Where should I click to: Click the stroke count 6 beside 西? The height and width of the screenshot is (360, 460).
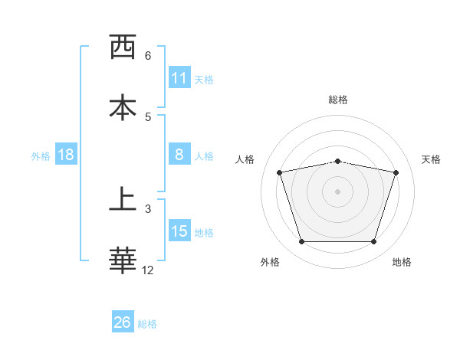coord(148,56)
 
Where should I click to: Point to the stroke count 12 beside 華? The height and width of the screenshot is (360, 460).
coord(148,270)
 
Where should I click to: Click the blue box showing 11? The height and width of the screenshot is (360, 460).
coord(179,77)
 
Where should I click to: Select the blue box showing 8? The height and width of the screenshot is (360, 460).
coord(179,155)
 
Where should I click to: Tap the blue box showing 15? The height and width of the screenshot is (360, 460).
coord(179,231)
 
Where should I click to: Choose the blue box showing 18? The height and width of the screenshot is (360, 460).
coord(66,155)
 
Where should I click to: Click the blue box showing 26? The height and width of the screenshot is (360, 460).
coord(123,322)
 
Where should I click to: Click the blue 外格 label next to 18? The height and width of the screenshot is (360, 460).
coord(41,156)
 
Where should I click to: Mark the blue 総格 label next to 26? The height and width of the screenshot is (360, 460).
coord(147,324)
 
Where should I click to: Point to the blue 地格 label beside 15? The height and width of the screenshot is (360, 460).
coord(204,233)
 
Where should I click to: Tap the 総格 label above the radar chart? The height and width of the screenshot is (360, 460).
coord(338,100)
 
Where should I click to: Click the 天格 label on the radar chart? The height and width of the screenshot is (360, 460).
coord(432,159)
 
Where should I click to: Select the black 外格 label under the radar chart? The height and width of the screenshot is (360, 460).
coord(270,262)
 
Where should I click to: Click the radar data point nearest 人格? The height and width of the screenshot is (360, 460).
coord(280,172)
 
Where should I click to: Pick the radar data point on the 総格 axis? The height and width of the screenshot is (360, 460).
coord(338,161)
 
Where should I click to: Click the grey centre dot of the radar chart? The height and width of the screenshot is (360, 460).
coord(338,191)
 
